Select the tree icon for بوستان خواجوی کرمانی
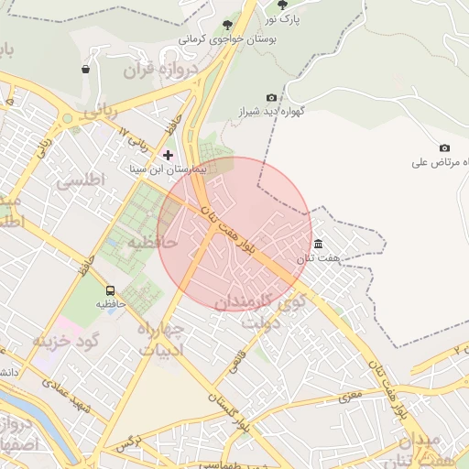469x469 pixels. (227, 25)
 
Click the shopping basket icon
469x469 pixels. (85, 69)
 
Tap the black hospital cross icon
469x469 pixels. (168, 155)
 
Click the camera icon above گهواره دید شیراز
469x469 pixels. (271, 98)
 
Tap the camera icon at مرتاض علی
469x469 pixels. (444, 148)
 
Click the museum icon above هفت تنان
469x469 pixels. (318, 244)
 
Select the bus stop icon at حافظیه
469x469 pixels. (111, 290)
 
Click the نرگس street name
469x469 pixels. (128, 443)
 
